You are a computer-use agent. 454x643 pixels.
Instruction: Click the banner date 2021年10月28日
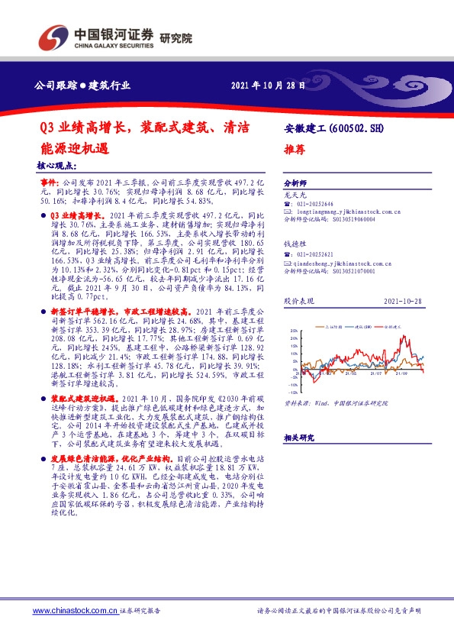click(x=263, y=84)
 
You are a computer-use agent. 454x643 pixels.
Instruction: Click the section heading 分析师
click(x=295, y=184)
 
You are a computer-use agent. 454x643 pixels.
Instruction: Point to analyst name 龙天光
click(x=294, y=195)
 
